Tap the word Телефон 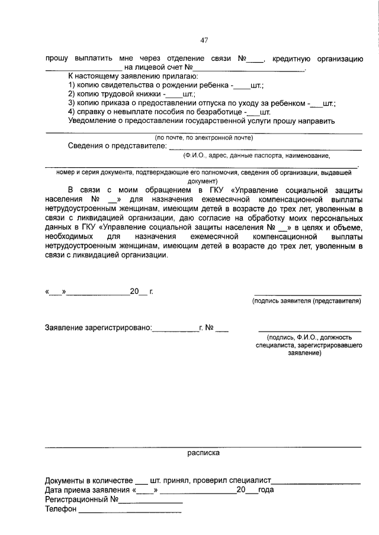tap(61, 510)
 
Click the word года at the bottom tap(266, 490)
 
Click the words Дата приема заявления tap(87, 490)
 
